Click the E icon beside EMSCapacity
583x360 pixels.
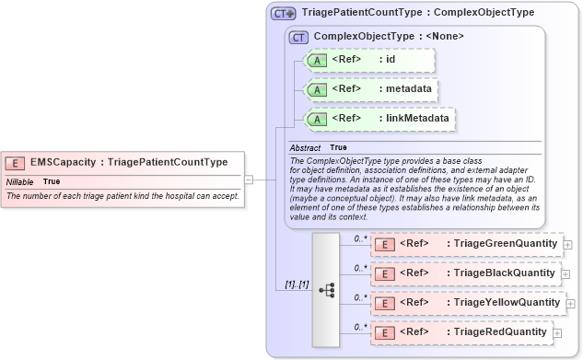coord(15,163)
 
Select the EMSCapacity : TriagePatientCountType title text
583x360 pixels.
coord(129,163)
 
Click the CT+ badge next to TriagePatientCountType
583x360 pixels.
coord(284,14)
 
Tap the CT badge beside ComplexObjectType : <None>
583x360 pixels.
coord(298,37)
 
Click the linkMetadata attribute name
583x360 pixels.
coord(419,119)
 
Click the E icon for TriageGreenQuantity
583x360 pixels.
coord(387,244)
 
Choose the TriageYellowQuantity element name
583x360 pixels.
coord(505,303)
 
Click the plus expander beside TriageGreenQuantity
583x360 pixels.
coord(567,244)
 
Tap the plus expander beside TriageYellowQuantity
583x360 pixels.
coord(571,303)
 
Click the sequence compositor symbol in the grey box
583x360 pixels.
coord(326,288)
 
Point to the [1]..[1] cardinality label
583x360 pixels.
coord(290,284)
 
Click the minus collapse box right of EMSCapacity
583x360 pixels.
coord(248,180)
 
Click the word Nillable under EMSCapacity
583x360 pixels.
coord(20,181)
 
